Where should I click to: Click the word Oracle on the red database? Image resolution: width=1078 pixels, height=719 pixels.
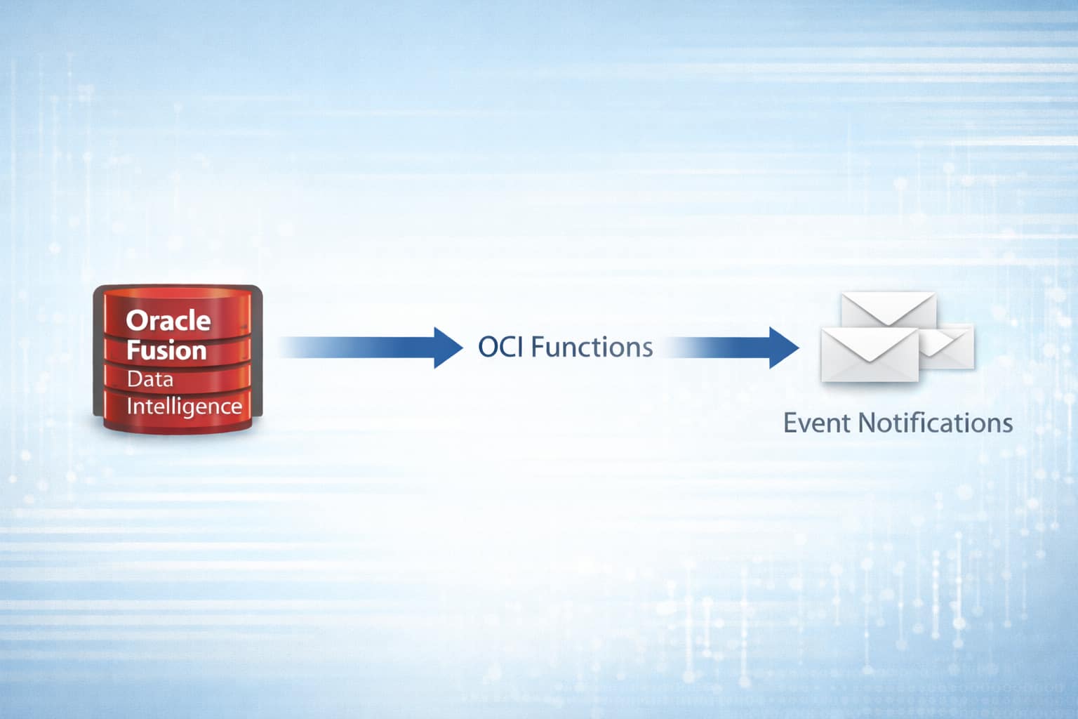168,321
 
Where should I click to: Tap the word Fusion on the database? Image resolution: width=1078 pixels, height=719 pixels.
166,350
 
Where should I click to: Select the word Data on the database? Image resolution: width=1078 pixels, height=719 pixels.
149,379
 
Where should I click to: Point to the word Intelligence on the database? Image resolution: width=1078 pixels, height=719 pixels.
184,407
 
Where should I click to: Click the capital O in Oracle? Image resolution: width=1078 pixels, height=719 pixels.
135,321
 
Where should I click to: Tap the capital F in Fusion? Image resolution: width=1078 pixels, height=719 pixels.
133,350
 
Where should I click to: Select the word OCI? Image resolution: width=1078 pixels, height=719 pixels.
500,347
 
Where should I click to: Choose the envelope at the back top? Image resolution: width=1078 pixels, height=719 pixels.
889,308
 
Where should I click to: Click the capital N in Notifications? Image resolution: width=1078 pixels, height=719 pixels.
867,423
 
